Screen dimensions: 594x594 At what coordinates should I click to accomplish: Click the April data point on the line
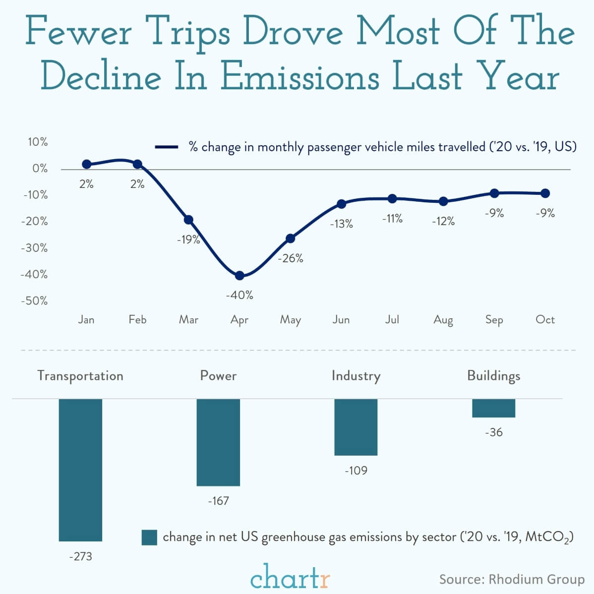(x=239, y=276)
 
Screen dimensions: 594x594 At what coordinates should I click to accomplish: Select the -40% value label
(x=239, y=295)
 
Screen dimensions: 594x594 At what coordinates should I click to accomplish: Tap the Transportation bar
(x=80, y=470)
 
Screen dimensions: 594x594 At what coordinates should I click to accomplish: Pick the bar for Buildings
(x=493, y=408)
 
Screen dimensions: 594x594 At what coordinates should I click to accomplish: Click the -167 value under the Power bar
(x=218, y=501)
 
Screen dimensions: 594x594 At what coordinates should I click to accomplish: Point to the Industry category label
(x=356, y=376)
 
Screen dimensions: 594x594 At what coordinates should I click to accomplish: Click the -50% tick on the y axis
(x=35, y=301)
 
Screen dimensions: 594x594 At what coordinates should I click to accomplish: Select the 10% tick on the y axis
(x=38, y=142)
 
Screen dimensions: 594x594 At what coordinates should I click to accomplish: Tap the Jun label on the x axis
(x=341, y=320)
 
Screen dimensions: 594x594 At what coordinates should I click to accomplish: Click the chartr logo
(x=290, y=577)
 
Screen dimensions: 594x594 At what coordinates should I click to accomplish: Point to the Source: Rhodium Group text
(x=512, y=579)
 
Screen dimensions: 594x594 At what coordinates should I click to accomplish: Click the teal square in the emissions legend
(x=149, y=537)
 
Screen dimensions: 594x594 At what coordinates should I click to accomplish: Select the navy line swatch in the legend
(x=167, y=147)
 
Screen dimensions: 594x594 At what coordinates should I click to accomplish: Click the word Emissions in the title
(x=299, y=77)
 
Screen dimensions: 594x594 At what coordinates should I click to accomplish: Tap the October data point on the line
(x=545, y=193)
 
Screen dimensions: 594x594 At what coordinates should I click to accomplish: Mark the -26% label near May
(x=291, y=258)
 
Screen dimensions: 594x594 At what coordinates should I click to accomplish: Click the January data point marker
(x=86, y=164)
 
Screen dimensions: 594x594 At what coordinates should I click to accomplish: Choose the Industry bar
(x=356, y=427)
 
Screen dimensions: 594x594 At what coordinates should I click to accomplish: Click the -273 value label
(x=80, y=556)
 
